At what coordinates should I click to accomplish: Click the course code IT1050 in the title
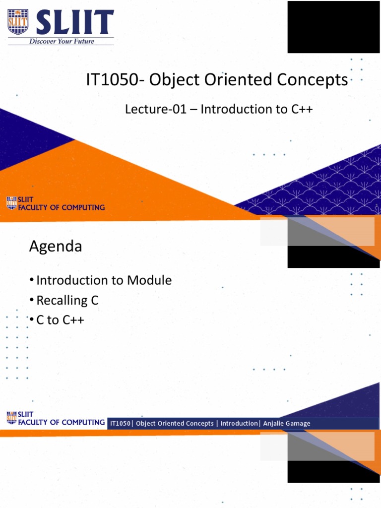[x=110, y=80]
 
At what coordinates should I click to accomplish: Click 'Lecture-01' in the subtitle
[x=156, y=109]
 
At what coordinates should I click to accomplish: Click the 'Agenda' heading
[x=56, y=246]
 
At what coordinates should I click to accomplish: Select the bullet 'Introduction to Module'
[x=104, y=280]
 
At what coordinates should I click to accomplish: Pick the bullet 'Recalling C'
[x=67, y=300]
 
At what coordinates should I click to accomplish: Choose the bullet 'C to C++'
[x=60, y=320]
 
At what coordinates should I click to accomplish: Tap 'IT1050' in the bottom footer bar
[x=120, y=423]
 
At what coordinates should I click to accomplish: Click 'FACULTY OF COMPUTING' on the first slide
[x=61, y=207]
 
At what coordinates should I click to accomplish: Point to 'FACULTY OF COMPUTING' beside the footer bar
[x=61, y=422]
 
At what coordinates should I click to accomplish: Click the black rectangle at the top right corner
[x=333, y=27]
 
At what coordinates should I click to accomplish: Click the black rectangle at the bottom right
[x=333, y=471]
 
